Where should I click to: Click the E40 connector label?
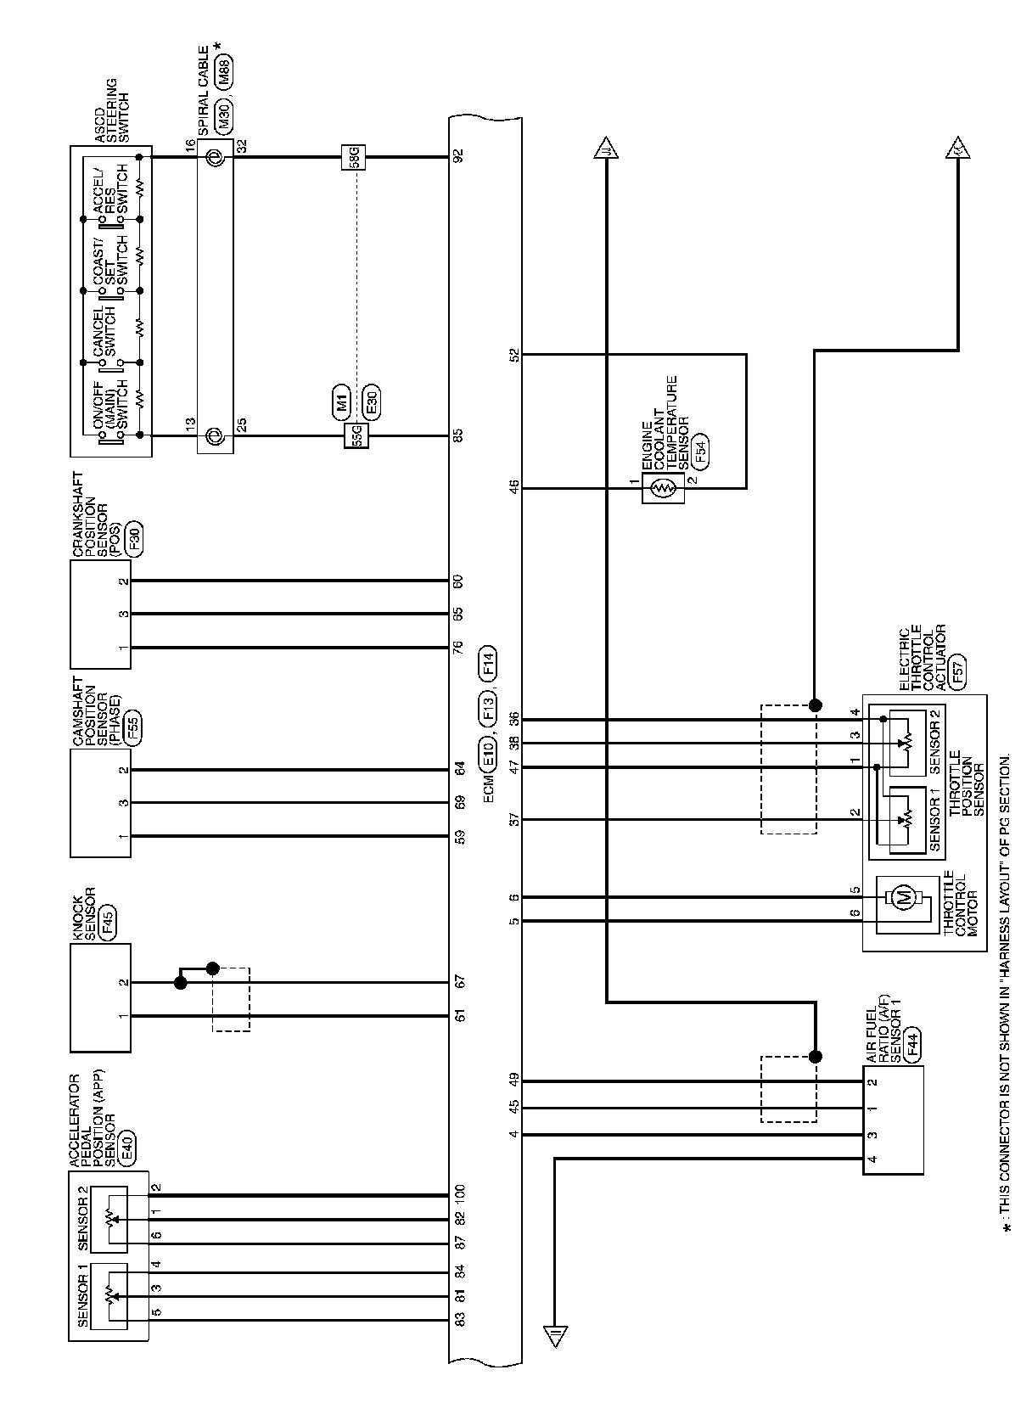click(126, 1148)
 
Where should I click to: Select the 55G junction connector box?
click(356, 435)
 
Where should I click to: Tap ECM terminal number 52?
click(513, 354)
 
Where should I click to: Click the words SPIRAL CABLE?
click(203, 92)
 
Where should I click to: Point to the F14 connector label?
click(488, 662)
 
